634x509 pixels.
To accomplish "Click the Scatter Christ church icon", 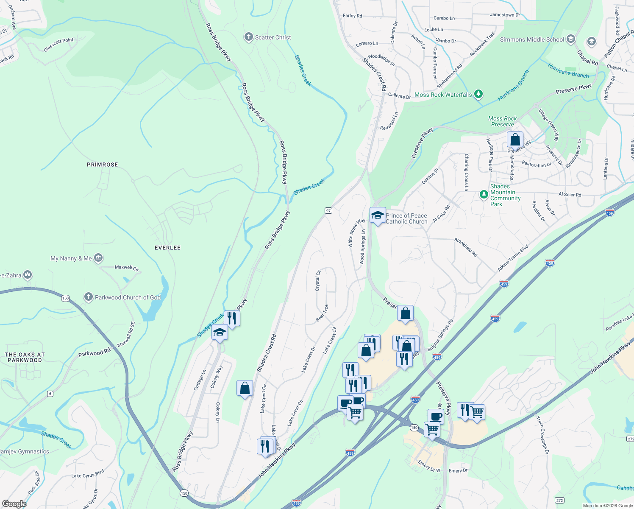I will point(249,37).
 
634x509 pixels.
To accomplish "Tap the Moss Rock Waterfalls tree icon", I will point(478,94).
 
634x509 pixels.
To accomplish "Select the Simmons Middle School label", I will point(532,39).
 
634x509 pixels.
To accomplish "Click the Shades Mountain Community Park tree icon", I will point(484,194).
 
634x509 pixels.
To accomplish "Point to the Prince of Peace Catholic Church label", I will point(406,218).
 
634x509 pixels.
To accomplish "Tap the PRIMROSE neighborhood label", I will point(102,165).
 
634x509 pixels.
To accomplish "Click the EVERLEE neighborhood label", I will point(167,248).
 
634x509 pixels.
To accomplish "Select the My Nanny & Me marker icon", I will point(98,258).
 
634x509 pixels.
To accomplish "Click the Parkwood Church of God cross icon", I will point(88,297).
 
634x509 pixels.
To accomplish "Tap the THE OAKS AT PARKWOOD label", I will point(25,357).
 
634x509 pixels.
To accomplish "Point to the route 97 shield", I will point(328,210).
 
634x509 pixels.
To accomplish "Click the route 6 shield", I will point(50,394).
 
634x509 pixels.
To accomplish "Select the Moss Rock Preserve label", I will point(502,121).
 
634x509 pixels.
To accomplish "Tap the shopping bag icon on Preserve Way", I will point(515,140).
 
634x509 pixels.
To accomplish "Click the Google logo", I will point(14,503).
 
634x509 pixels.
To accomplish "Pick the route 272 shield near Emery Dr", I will point(559,501).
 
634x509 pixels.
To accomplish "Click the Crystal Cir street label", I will point(318,280).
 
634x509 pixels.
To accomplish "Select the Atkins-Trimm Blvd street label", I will point(513,258).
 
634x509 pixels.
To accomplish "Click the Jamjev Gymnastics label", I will point(25,451).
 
